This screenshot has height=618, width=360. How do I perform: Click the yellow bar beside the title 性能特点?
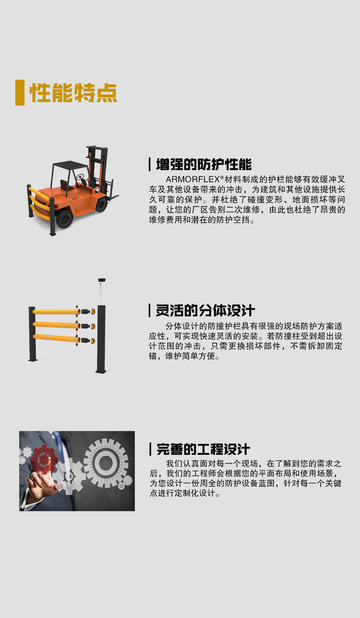tap(20, 93)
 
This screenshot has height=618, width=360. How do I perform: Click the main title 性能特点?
tap(73, 93)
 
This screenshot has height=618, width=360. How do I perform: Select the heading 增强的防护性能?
tap(204, 165)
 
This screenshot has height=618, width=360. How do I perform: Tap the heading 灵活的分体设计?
tap(205, 310)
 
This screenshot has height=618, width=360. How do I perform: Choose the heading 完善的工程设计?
tap(203, 449)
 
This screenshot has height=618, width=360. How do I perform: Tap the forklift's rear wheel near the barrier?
tap(64, 218)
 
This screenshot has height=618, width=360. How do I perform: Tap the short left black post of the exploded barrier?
tap(32, 333)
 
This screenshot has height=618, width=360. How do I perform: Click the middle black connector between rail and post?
tap(85, 326)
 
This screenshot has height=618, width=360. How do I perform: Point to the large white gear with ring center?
tap(106, 462)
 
